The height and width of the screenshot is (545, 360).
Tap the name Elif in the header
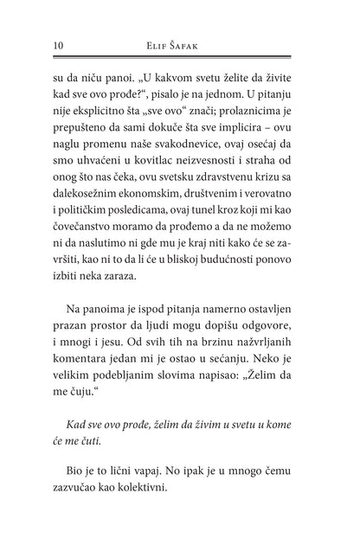(x=160, y=46)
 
